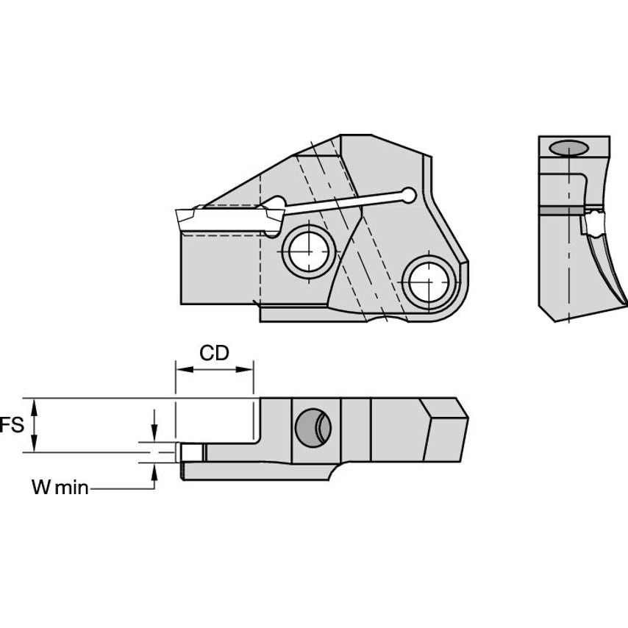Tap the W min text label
pyautogui.click(x=60, y=487)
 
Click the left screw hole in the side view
pyautogui.click(x=310, y=251)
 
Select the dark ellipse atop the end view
pyautogui.click(x=570, y=149)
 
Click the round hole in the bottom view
pyautogui.click(x=313, y=427)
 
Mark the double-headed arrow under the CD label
pyautogui.click(x=214, y=371)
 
